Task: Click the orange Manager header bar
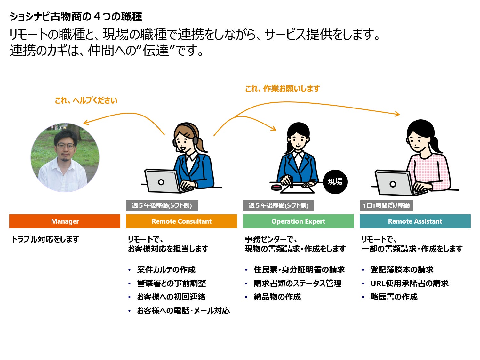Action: (65, 221)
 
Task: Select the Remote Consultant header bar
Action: (181, 221)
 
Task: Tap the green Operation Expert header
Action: (298, 221)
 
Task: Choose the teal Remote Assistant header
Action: (415, 221)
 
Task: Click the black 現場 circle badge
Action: (335, 182)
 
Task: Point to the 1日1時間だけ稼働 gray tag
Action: (386, 205)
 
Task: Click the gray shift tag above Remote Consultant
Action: (162, 205)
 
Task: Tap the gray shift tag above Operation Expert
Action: (278, 205)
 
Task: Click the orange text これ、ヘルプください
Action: (86, 100)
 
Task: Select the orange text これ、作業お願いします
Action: (283, 89)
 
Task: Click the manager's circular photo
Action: (65, 157)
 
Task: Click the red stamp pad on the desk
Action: (276, 188)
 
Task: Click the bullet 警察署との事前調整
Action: (171, 284)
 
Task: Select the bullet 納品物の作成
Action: (277, 297)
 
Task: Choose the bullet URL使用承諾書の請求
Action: (409, 284)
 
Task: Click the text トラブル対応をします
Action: (45, 239)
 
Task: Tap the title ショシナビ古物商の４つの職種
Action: (76, 17)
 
